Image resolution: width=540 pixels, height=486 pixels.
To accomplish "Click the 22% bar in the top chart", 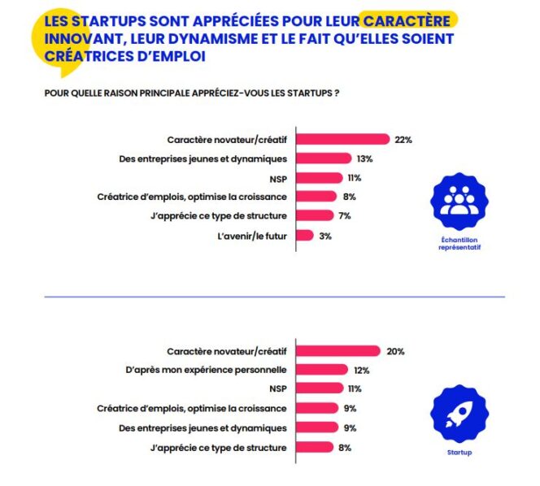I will pos(342,139).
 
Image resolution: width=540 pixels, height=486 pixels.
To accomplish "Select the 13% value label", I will pos(364,158).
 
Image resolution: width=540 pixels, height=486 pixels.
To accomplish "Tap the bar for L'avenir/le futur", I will pos(304,236).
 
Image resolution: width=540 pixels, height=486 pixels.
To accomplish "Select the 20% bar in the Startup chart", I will pos(337,351).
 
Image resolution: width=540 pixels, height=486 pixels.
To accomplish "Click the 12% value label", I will pos(362,370).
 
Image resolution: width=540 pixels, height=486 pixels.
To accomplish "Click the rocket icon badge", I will pos(459,414).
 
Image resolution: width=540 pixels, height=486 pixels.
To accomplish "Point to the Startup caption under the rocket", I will pos(459,453).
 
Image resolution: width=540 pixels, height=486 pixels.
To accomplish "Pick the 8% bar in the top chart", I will pos(316,197).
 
